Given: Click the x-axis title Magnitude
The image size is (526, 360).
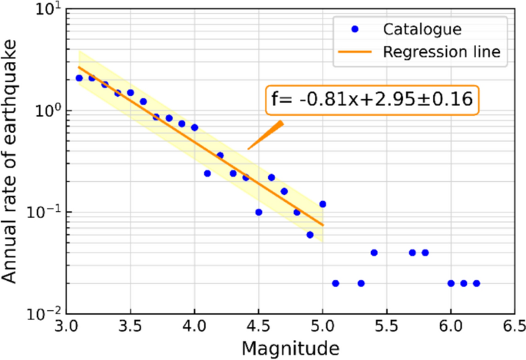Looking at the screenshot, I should (290, 348).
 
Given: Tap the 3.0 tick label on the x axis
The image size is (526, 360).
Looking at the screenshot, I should (66, 326).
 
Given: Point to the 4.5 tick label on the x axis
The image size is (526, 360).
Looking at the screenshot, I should (258, 326).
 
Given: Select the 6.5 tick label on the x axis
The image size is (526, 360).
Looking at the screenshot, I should (514, 326).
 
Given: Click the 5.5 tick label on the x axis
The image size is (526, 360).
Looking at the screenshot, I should (386, 326).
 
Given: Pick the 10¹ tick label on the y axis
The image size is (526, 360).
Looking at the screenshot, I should (48, 10).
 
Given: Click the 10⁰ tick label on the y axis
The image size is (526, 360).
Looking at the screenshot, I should (48, 111).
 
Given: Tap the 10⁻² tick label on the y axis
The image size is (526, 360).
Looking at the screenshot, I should (45, 313).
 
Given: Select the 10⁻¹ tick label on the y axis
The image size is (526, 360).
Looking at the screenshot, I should (45, 212).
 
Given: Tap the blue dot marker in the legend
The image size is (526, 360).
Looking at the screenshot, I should (354, 29).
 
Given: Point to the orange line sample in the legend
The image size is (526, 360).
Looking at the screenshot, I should (354, 53).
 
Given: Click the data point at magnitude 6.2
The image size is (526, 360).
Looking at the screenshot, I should (476, 283).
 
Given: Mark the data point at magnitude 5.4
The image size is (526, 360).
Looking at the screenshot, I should (374, 253).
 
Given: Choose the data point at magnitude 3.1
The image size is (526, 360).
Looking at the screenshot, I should (79, 78).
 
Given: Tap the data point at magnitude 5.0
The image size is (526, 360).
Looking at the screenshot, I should (323, 204).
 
